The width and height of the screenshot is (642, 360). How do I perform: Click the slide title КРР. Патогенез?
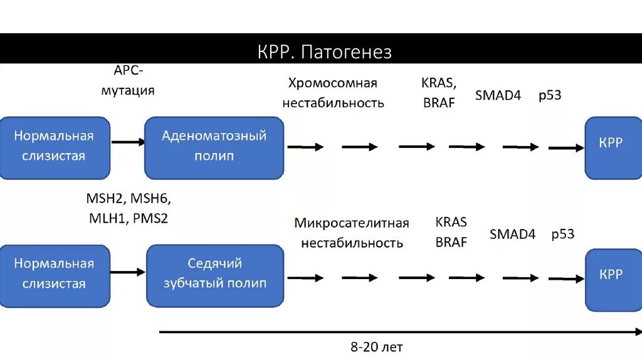[324, 51]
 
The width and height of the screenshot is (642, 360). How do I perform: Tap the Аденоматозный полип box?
[214, 147]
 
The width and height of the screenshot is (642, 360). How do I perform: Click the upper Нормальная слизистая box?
[54, 146]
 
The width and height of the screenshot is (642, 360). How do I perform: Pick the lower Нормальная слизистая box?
[54, 274]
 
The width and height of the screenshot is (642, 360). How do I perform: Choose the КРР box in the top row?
[610, 146]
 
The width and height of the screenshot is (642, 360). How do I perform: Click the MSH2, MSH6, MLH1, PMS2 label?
[128, 209]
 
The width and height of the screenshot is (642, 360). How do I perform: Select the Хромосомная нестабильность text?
[333, 93]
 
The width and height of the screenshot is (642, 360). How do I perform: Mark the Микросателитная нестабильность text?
[352, 233]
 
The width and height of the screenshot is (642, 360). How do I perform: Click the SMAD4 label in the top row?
[498, 96]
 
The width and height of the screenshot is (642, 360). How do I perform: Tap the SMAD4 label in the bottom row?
[512, 235]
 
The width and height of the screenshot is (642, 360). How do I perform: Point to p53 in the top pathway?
[550, 96]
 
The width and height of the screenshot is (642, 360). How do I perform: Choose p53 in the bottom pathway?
[562, 235]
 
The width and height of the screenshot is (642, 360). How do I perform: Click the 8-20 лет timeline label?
[376, 346]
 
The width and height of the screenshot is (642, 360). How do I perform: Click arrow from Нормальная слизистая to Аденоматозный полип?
[128, 142]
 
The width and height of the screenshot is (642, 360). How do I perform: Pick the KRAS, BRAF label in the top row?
[439, 93]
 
